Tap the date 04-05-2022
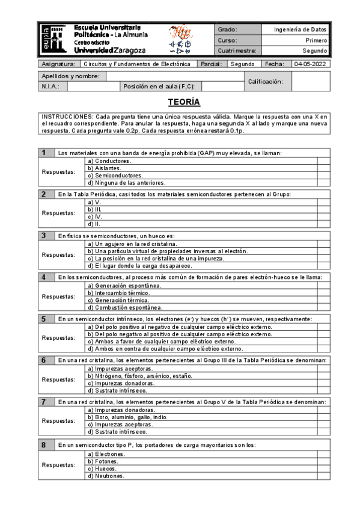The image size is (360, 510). point(310,64)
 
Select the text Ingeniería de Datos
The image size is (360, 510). point(300,29)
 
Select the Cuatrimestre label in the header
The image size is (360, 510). point(237,51)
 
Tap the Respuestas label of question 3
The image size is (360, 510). point(59,255)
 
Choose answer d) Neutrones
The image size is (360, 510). point(106,476)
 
